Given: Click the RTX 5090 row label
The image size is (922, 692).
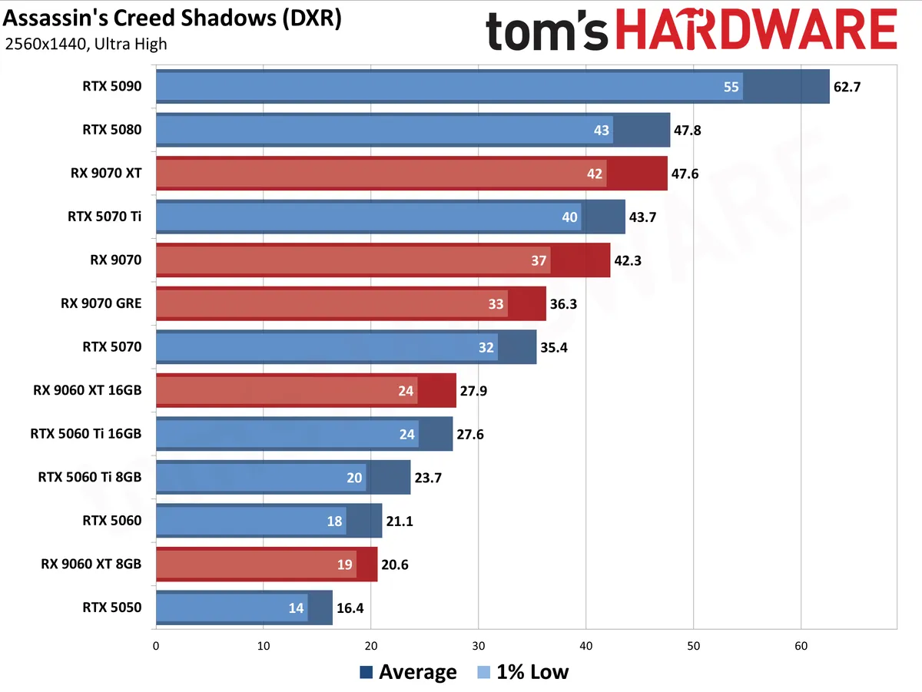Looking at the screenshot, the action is point(111,86).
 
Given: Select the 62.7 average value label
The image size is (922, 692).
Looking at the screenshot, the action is point(847,87).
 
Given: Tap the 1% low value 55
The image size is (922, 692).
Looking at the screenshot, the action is point(731,87).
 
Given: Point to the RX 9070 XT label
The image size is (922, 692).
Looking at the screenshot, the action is point(106,173).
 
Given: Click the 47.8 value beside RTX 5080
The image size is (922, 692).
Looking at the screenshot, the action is point(687,130).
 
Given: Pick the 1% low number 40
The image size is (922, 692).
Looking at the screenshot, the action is point(569,217).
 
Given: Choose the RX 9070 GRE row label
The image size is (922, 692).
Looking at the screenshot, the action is point(101,303).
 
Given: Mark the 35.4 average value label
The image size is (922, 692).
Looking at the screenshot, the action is point(554,347).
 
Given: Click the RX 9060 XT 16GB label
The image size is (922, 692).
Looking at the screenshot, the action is point(88,390).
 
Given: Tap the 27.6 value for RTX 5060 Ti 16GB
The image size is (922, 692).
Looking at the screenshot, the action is point(470,434).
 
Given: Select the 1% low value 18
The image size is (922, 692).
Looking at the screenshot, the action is point(334,521).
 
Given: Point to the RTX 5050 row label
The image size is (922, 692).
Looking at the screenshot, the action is point(111,608).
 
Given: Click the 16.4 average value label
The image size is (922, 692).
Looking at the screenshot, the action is point(350,608).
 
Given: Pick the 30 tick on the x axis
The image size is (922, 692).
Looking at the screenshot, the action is point(479,646).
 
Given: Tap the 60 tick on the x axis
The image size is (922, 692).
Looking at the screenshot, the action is point(801,646).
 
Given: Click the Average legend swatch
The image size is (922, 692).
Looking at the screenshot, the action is point(366,672).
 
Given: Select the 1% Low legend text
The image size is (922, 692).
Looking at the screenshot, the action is point(532,672).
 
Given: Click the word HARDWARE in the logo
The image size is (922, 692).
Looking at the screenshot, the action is point(757,30).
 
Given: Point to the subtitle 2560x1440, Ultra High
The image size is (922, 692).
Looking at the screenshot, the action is point(86,44).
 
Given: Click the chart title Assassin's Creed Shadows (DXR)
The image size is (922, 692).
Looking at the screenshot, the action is point(172,18).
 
